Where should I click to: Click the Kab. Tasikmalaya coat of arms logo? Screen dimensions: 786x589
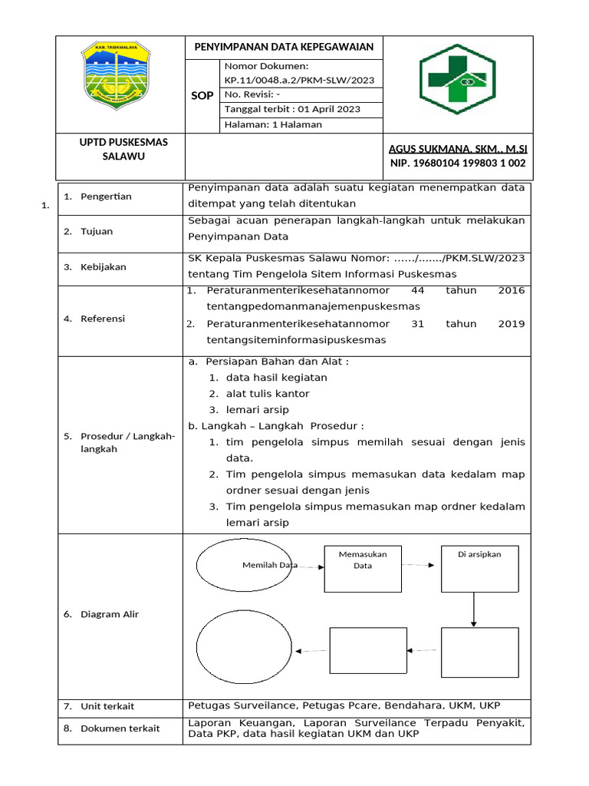(117, 74)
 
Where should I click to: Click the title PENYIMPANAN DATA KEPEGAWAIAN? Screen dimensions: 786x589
(283, 47)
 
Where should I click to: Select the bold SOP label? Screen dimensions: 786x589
(202, 96)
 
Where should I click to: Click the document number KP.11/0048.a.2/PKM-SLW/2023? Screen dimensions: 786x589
(299, 80)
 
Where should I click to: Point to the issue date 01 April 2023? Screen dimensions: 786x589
(291, 109)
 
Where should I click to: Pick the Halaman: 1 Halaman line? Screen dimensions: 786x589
(273, 124)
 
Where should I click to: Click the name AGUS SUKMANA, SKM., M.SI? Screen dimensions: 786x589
(458, 148)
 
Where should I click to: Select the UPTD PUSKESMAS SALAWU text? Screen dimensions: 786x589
(123, 149)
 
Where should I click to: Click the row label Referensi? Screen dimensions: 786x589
(103, 319)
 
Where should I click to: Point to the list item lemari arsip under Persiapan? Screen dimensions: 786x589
(257, 410)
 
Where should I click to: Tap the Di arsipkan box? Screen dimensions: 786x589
(479, 568)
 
